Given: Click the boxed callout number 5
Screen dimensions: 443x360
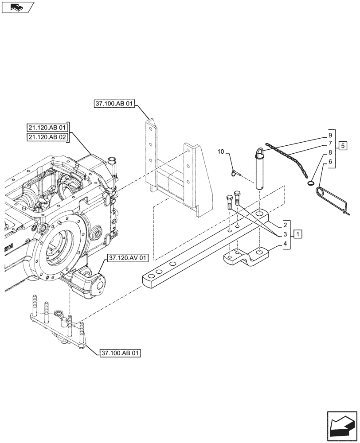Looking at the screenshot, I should coord(343,145).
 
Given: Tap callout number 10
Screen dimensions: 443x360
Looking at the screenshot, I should coord(220,152).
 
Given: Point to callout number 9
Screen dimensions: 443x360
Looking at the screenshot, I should coord(330,134).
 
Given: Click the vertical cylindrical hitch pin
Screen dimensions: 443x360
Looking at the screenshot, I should coord(260,171).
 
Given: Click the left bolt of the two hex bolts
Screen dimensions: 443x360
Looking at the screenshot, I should coord(230,205).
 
